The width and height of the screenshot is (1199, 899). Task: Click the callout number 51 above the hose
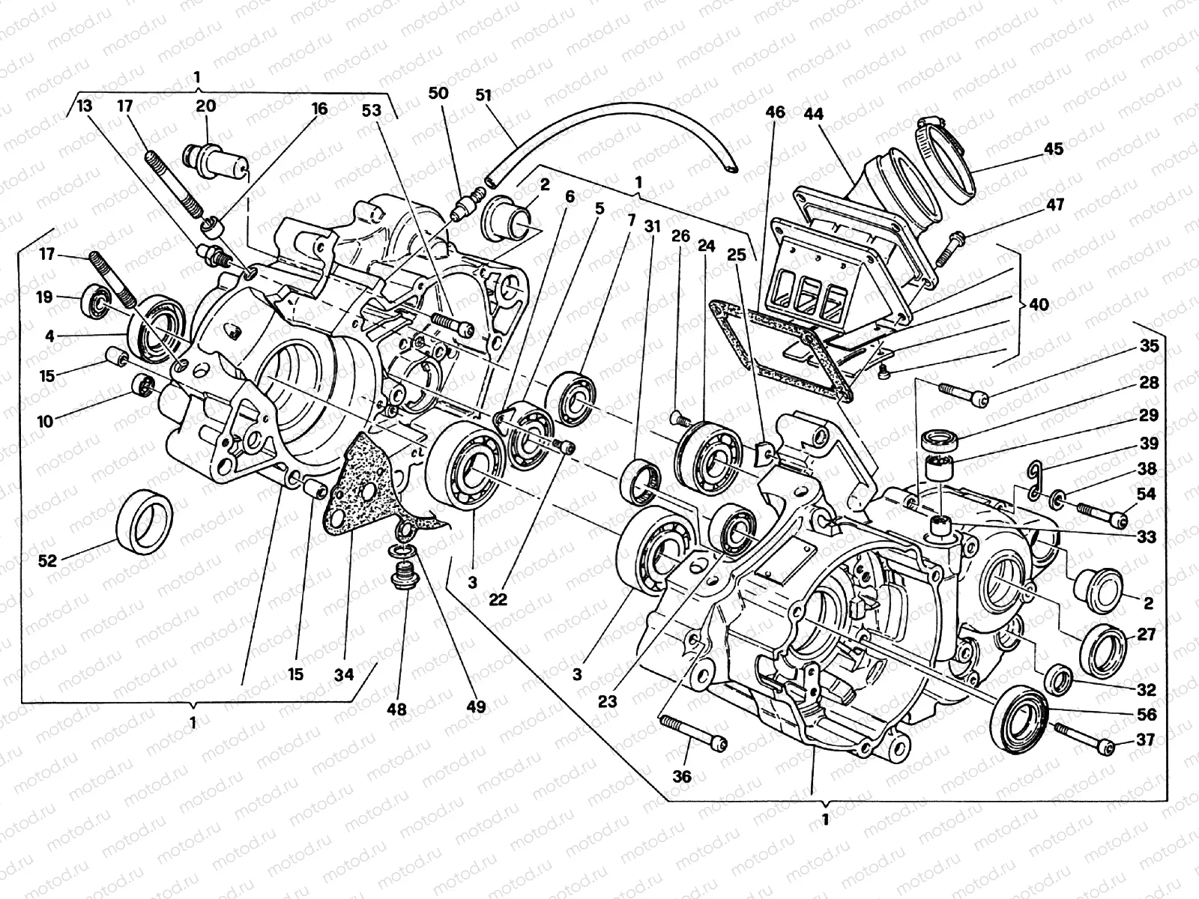click(x=484, y=95)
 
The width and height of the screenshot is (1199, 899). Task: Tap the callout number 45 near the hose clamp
click(x=1053, y=149)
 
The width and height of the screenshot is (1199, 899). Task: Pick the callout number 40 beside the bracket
click(x=1039, y=305)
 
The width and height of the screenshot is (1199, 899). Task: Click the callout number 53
click(x=371, y=111)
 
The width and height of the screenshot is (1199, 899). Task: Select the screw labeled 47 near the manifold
click(x=947, y=247)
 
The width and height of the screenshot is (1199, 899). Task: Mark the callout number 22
click(x=498, y=599)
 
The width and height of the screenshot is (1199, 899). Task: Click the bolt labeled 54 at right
click(x=1102, y=513)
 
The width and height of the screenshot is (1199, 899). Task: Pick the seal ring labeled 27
click(x=1103, y=645)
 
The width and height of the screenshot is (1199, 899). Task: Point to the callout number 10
click(x=46, y=420)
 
